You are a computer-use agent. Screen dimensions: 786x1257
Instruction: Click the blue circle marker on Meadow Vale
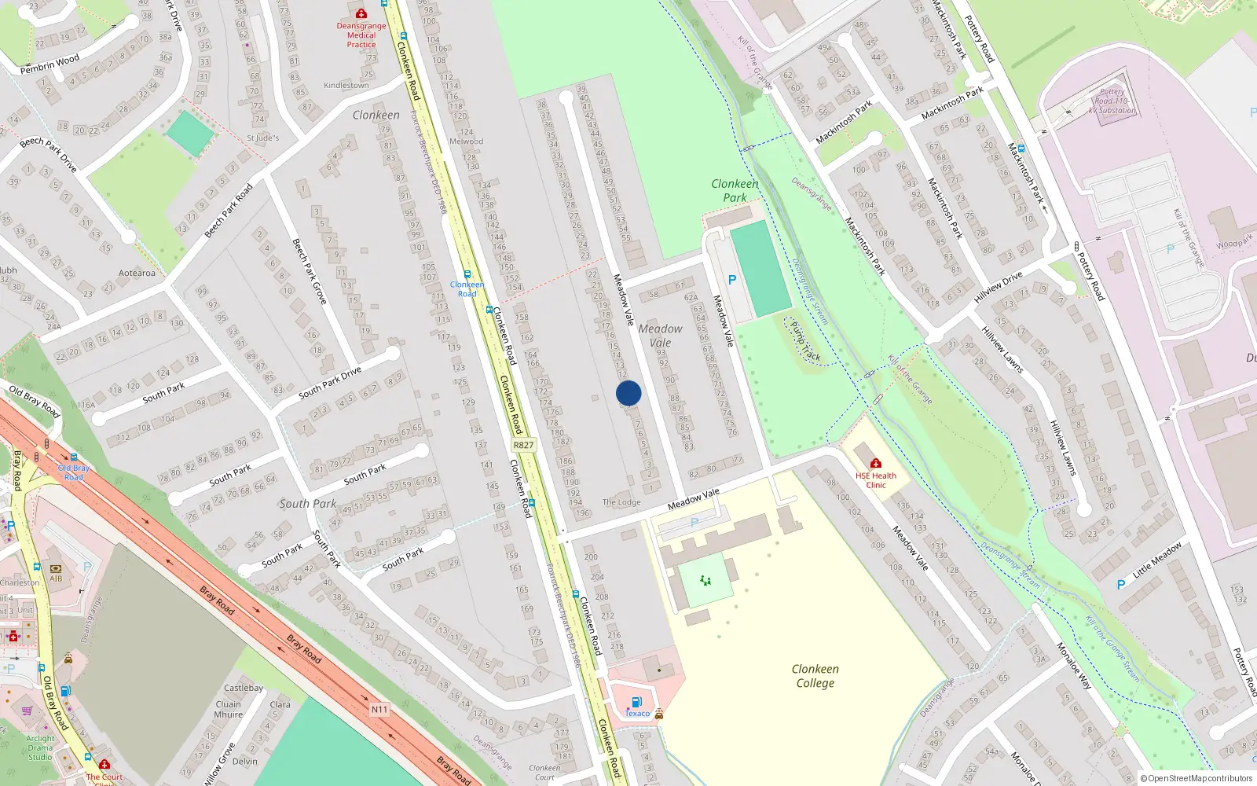[628, 393]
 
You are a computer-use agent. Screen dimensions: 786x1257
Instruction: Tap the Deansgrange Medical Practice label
[361, 35]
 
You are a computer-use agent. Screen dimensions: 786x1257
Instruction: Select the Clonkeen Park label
[735, 190]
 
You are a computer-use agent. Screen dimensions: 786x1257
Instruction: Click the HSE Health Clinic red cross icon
[876, 463]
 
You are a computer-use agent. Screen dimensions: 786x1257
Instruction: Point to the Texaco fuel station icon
[636, 702]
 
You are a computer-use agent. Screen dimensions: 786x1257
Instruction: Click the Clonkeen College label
[815, 676]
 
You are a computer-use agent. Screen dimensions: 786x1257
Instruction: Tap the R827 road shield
[523, 445]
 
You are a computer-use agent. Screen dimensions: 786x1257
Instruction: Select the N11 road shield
[379, 710]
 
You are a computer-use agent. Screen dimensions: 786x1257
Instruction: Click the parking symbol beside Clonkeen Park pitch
[732, 280]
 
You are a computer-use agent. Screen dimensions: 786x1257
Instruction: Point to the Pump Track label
[805, 341]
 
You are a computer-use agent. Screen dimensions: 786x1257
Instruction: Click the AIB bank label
[56, 578]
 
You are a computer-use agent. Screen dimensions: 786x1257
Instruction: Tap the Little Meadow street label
[1156, 560]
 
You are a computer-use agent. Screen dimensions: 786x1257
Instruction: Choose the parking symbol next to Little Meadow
[1121, 585]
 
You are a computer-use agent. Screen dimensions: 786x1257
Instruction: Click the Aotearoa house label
[137, 274]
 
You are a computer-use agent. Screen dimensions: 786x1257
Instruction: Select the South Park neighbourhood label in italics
[307, 504]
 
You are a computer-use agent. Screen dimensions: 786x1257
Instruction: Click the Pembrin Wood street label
[49, 63]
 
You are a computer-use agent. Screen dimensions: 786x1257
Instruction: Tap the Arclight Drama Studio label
[40, 747]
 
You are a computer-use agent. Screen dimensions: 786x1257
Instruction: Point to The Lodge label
[621, 502]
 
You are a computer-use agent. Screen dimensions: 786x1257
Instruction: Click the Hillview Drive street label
[998, 288]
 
